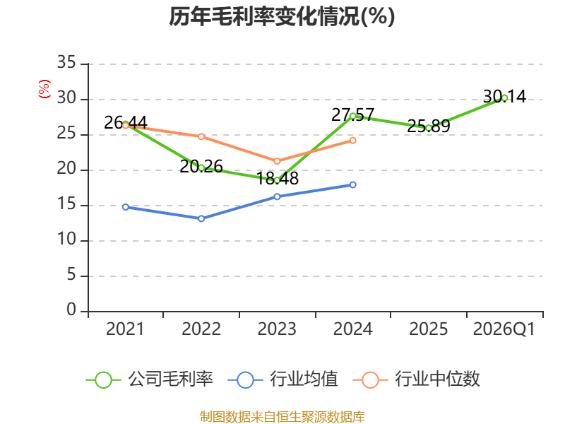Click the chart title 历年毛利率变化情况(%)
tap(282, 16)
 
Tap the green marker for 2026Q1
tap(504, 98)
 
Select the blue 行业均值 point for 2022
tap(201, 218)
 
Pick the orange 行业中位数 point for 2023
tap(277, 161)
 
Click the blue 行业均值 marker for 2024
tap(352, 184)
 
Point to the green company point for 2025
tap(429, 128)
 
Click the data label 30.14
tap(504, 97)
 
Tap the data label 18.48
tap(277, 179)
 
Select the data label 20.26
tap(201, 166)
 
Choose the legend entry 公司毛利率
tap(150, 379)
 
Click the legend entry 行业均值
tap(283, 379)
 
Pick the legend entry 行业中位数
tap(417, 379)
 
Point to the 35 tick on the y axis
tap(66, 62)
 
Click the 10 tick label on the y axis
tap(66, 239)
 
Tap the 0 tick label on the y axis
tap(71, 310)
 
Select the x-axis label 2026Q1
tap(504, 329)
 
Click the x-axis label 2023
tap(277, 329)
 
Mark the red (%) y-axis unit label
tap(44, 89)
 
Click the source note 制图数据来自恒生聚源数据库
tap(282, 417)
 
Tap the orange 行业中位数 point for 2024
tap(352, 140)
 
